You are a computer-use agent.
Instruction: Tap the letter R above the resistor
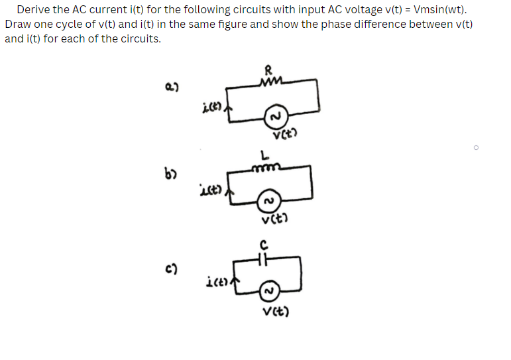(x=268, y=68)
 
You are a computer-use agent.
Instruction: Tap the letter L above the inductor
(x=264, y=156)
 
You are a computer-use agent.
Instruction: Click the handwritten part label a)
(x=171, y=87)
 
